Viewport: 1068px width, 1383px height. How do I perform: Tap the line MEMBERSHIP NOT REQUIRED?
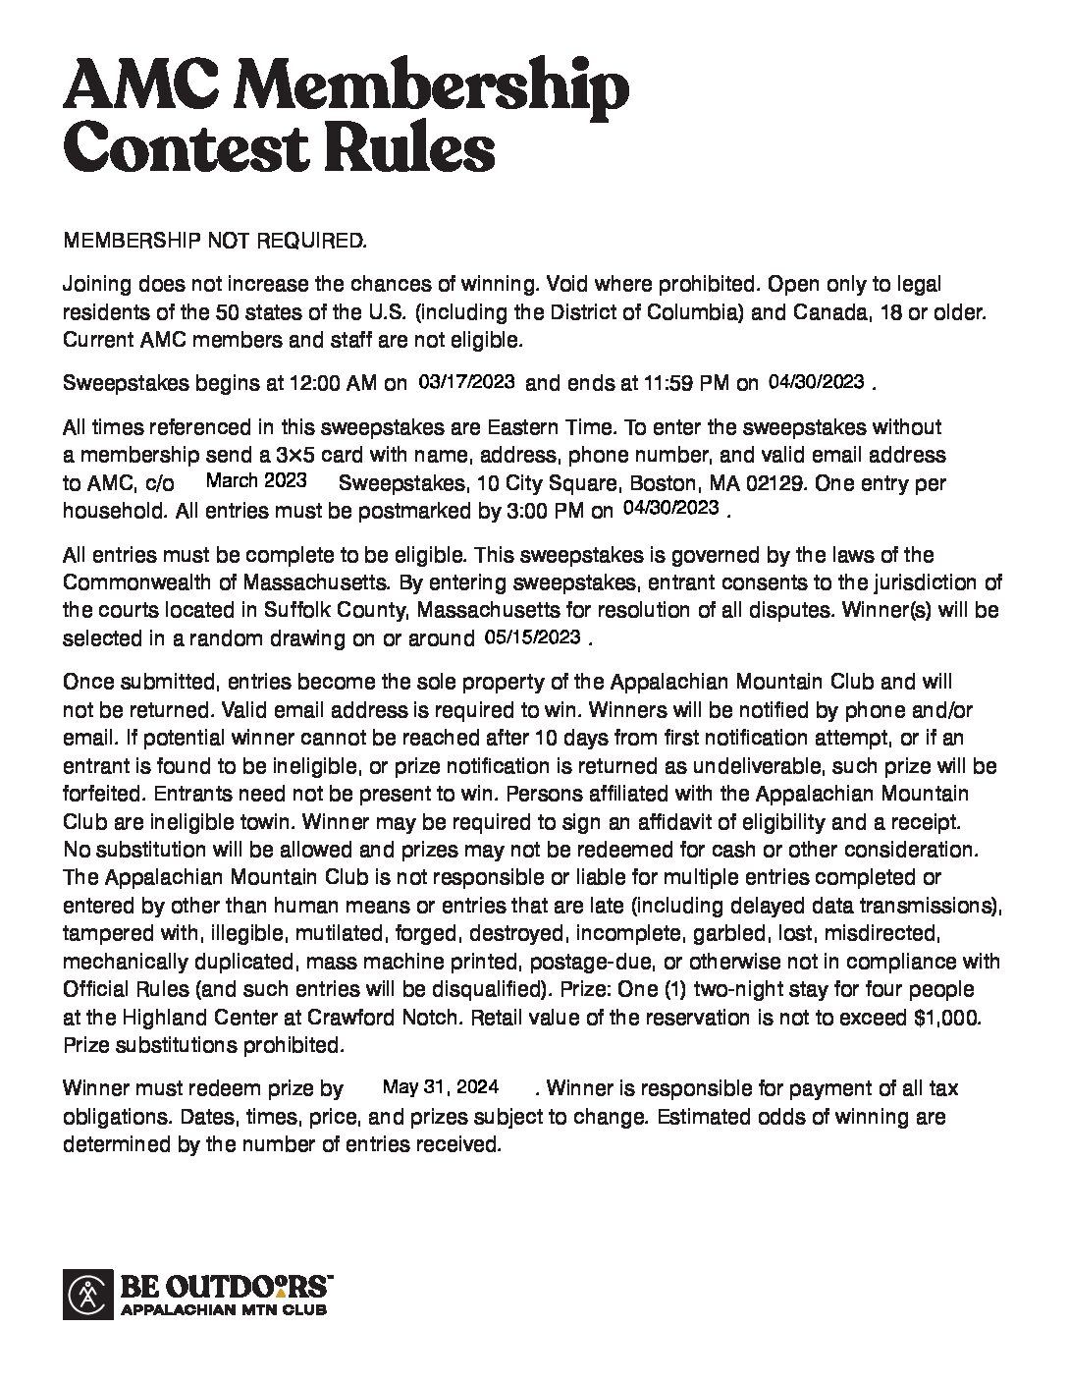(214, 241)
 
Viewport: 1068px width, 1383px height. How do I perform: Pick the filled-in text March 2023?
(255, 480)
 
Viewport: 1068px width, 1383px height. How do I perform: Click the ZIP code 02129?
(750, 483)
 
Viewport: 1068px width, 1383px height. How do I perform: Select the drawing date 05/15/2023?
(532, 636)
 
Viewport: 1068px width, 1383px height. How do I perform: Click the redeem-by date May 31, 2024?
(441, 1086)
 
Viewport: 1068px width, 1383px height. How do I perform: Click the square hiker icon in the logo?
(88, 1294)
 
